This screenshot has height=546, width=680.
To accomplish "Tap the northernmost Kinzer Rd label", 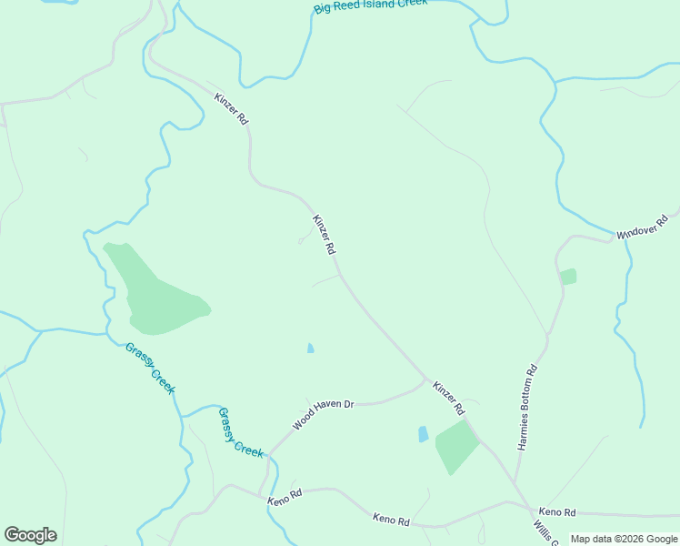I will [231, 108].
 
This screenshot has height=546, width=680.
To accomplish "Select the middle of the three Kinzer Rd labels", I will [325, 234].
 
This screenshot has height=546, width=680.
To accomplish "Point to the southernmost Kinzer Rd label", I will [448, 397].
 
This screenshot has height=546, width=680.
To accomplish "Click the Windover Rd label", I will [642, 227].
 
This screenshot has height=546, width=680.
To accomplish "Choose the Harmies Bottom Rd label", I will [528, 408].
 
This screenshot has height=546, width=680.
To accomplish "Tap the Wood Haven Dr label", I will [322, 415].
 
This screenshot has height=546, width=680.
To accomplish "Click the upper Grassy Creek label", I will [150, 368].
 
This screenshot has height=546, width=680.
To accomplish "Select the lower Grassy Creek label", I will [241, 432].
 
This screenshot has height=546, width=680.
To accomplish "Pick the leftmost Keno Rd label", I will [285, 499].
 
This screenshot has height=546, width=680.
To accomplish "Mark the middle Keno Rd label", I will [392, 520].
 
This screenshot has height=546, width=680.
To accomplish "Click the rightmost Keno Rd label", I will [557, 512].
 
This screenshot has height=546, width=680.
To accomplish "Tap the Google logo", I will [30, 535].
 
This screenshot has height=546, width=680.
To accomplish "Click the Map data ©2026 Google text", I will [624, 539].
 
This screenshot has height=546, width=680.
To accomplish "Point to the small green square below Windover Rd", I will [568, 276].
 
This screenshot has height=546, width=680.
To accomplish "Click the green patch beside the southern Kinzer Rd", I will [455, 446].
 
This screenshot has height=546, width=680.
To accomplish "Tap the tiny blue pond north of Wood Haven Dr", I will [311, 348].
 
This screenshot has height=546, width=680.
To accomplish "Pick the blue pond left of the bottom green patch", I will [423, 434].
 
